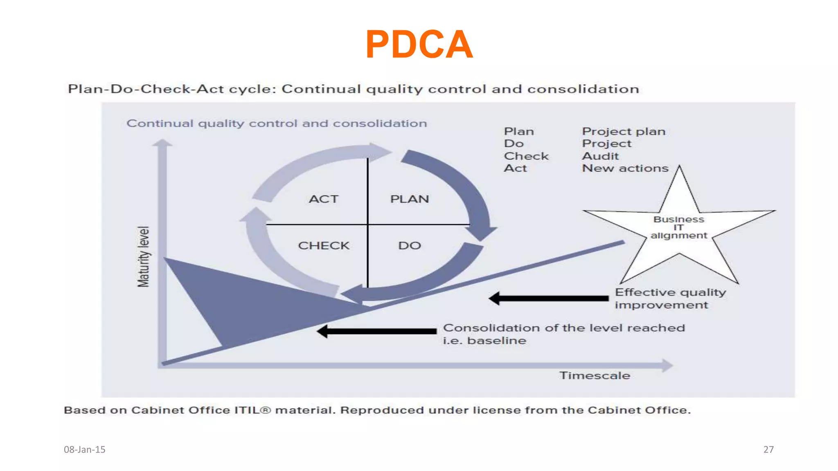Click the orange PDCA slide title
[x=419, y=44]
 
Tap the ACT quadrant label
[x=324, y=199]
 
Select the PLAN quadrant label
[x=410, y=199]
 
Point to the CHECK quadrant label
[x=324, y=246]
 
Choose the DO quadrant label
[x=410, y=246]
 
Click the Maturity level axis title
[x=143, y=257]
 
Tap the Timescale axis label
[x=595, y=376]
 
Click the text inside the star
[x=679, y=227]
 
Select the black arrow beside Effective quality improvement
[x=548, y=298]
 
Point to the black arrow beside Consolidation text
[x=376, y=331]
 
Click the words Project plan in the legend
[x=624, y=132]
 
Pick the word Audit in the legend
[x=600, y=156]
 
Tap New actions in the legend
[x=625, y=168]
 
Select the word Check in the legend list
[x=526, y=156]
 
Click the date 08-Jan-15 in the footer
[x=85, y=450]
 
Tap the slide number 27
[x=768, y=450]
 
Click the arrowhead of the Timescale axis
[x=667, y=365]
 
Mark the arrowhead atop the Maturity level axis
[x=162, y=143]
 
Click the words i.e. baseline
[x=484, y=341]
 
